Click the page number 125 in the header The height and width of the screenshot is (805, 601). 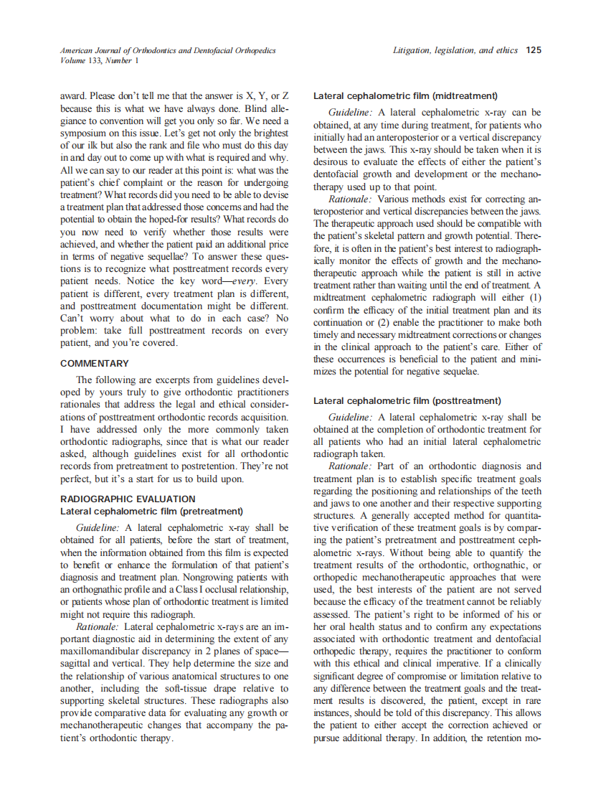[533, 50]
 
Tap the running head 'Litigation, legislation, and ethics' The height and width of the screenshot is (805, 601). [455, 50]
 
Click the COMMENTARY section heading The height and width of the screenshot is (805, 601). [95, 364]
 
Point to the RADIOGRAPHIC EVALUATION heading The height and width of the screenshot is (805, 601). [128, 499]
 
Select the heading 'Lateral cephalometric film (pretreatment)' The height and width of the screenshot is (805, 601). [151, 512]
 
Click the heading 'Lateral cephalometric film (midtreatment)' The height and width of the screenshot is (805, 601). [405, 96]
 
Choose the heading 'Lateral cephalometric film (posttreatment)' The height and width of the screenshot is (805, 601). [407, 400]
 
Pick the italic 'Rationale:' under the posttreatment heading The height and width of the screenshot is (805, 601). [350, 466]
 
